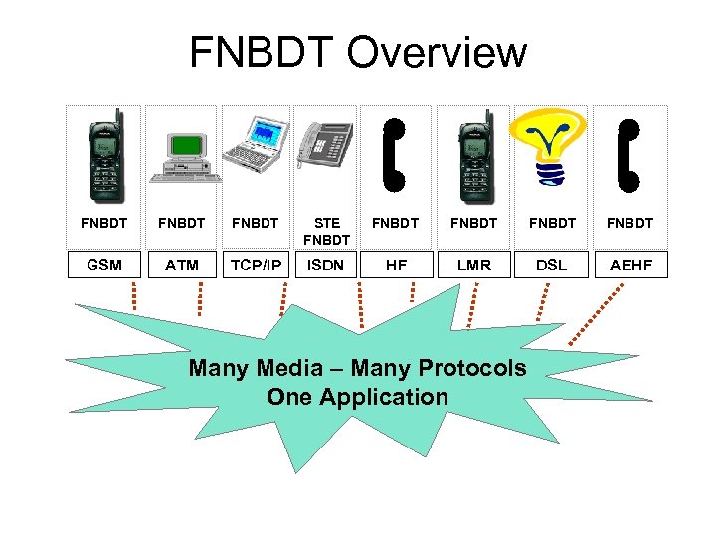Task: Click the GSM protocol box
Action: (x=104, y=265)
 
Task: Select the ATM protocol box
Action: (x=182, y=265)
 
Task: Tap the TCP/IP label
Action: (x=255, y=265)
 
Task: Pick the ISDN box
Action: (x=326, y=265)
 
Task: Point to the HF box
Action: (x=395, y=265)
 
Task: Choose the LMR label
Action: (x=473, y=265)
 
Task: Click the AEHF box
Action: (x=631, y=265)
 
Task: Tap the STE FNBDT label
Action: (x=326, y=231)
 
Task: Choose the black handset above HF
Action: (x=395, y=154)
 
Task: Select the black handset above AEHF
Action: (x=629, y=154)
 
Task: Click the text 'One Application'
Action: (x=357, y=397)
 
